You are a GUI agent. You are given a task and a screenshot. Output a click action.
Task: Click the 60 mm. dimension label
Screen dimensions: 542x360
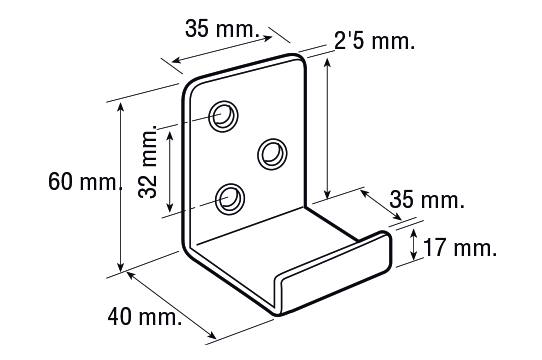point(85,182)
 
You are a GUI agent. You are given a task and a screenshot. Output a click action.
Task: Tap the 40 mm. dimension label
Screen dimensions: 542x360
point(145,317)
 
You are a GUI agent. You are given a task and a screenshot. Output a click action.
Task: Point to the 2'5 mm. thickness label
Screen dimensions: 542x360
point(374,41)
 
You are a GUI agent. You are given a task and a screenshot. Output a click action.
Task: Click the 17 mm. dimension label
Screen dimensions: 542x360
point(460,248)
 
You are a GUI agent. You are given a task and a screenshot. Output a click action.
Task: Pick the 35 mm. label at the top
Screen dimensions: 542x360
point(222,28)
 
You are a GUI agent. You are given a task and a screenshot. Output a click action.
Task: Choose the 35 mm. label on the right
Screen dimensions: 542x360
point(427,200)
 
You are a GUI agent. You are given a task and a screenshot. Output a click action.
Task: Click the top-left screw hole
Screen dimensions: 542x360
point(224,117)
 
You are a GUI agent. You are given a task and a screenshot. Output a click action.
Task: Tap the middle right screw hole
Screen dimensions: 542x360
point(273,154)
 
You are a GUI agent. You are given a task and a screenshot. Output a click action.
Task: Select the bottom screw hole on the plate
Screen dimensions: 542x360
point(230,199)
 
